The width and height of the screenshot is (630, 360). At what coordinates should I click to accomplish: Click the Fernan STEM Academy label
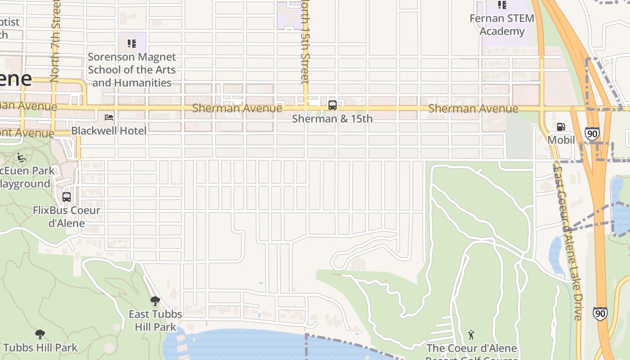pyautogui.click(x=502, y=25)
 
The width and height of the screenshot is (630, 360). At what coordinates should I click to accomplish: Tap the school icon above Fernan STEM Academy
pyautogui.click(x=502, y=5)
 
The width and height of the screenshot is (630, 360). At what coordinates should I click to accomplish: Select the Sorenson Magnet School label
pyautogui.click(x=132, y=70)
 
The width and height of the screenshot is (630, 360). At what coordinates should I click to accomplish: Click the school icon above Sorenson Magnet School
pyautogui.click(x=132, y=44)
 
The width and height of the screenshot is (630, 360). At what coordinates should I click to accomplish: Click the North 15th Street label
pyautogui.click(x=306, y=43)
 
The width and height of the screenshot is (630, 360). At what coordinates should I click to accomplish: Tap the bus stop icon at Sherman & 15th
pyautogui.click(x=333, y=105)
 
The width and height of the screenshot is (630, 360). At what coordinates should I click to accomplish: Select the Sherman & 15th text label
pyautogui.click(x=333, y=119)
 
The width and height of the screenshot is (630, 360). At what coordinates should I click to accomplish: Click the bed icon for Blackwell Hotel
pyautogui.click(x=109, y=117)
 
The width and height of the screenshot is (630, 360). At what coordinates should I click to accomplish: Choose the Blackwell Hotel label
pyautogui.click(x=109, y=131)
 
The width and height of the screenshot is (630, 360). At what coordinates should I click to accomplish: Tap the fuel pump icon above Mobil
pyautogui.click(x=561, y=127)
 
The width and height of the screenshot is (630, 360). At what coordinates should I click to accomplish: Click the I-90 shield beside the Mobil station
pyautogui.click(x=592, y=134)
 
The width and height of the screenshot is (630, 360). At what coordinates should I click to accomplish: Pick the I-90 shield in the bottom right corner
pyautogui.click(x=600, y=313)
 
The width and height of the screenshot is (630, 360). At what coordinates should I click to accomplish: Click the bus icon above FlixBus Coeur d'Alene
pyautogui.click(x=67, y=197)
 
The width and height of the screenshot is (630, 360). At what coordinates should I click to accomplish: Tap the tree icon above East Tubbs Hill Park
pyautogui.click(x=155, y=301)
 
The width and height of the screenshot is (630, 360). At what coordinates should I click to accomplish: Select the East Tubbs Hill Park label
pyautogui.click(x=155, y=320)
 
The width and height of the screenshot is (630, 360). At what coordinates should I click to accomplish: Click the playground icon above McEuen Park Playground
pyautogui.click(x=21, y=157)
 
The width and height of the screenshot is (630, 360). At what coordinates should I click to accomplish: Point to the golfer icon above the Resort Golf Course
pyautogui.click(x=471, y=335)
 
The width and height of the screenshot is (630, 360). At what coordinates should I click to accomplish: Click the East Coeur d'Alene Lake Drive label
pyautogui.click(x=568, y=243)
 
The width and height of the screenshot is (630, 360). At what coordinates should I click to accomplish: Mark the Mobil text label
pyautogui.click(x=561, y=140)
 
